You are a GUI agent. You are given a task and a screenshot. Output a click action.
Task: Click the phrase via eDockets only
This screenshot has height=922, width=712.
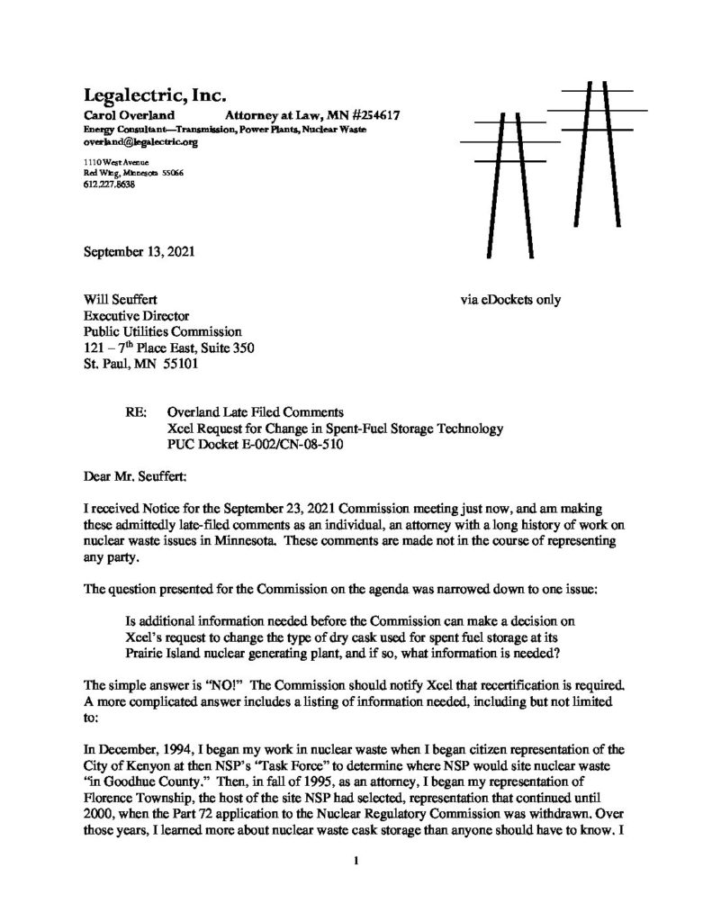coord(509,299)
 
